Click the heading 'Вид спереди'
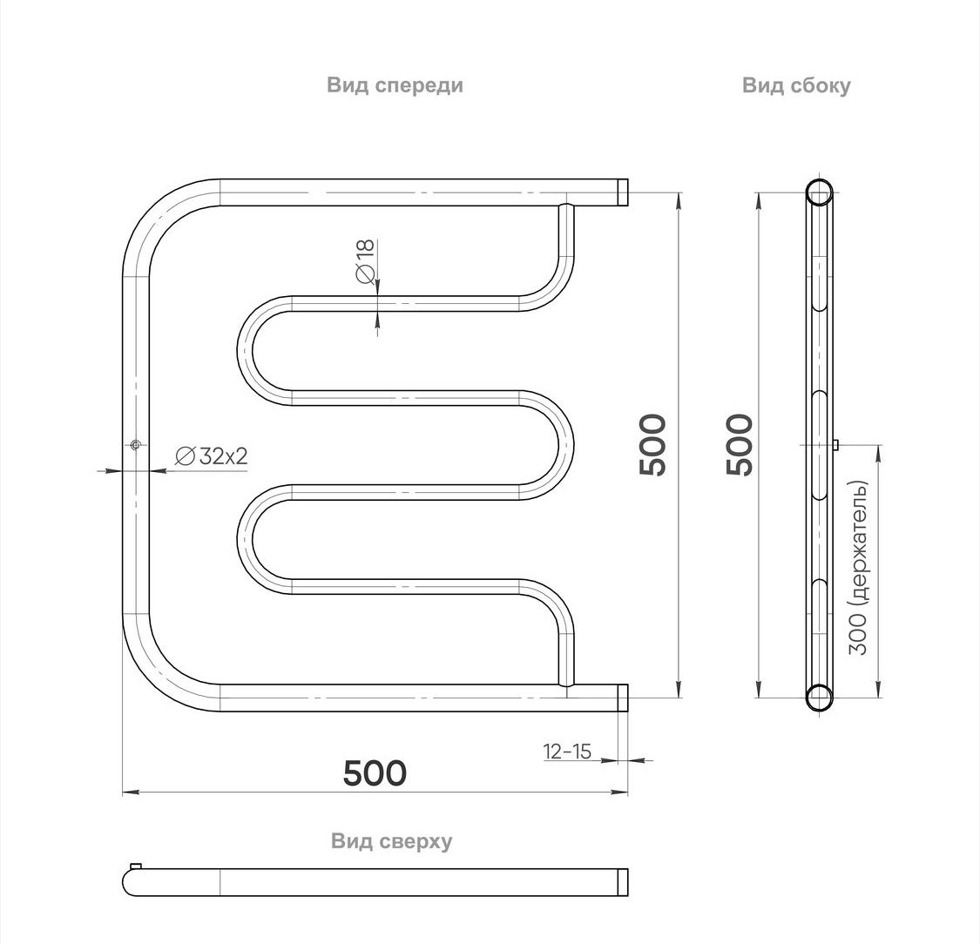coord(395,85)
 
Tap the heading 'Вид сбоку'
coord(796,85)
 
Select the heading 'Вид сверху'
coord(391,841)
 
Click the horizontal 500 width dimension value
coord(375,772)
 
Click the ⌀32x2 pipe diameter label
coord(212,456)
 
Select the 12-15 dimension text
coord(567,751)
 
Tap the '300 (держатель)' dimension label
coord(859,567)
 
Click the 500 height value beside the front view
coord(653,445)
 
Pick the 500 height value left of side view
coord(740,445)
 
